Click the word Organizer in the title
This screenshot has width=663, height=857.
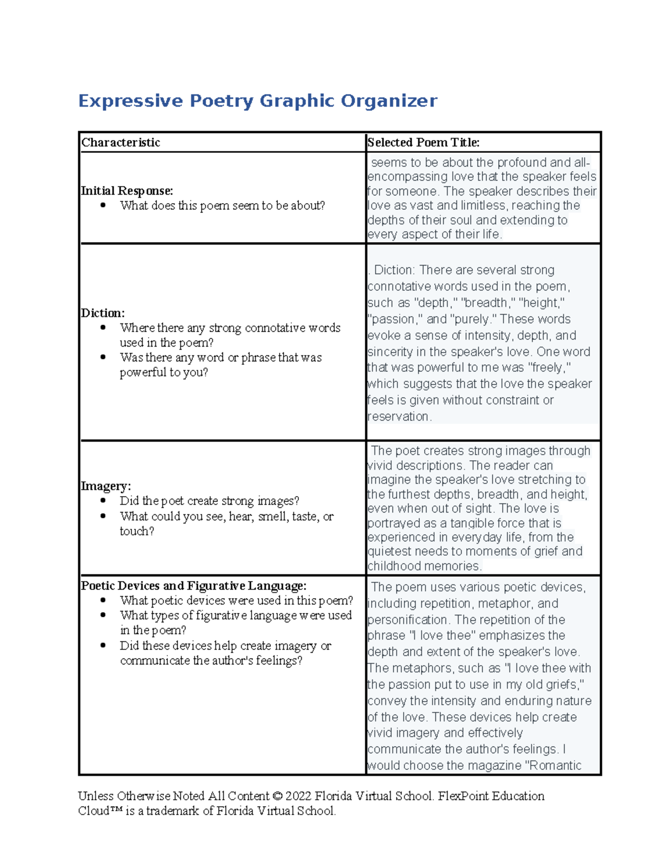pos(388,101)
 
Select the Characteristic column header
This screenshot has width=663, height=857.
pos(120,142)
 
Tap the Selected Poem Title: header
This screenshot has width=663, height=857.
pos(423,142)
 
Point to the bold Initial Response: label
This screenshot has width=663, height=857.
pos(127,191)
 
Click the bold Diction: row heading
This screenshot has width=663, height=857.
pos(103,313)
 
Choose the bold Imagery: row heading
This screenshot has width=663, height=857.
pos(106,486)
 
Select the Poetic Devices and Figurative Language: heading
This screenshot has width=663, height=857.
pos(193,585)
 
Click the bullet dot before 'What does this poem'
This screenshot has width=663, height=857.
pos(103,206)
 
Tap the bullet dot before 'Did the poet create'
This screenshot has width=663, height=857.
pos(103,501)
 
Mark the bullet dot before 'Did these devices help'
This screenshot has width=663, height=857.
pos(103,646)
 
